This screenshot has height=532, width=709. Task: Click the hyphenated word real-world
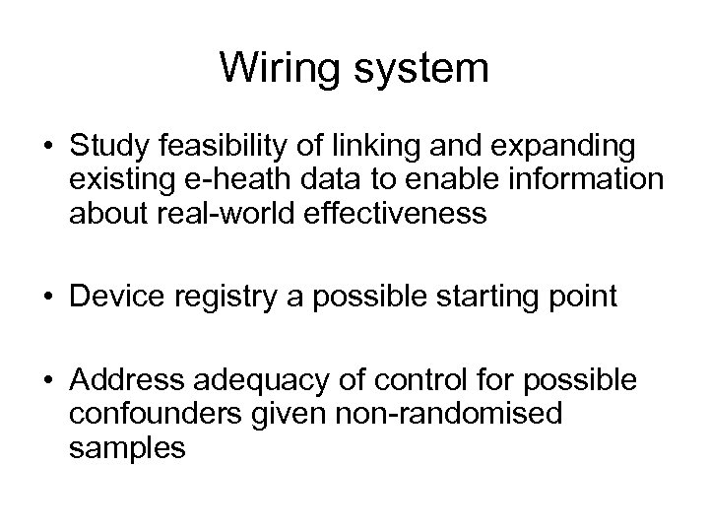pyautogui.click(x=224, y=213)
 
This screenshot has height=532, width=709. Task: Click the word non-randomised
pyautogui.click(x=441, y=413)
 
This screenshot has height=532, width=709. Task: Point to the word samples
pyautogui.click(x=127, y=446)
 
